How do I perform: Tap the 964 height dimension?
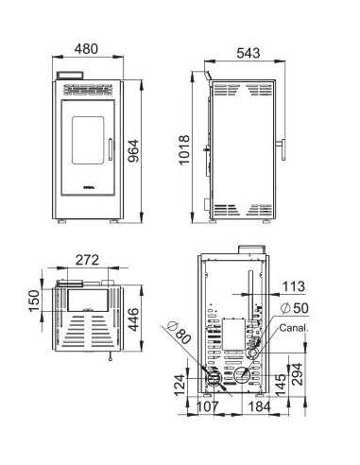coord(134,150)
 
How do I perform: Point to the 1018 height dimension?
coord(185,148)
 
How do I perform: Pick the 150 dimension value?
coord(34,301)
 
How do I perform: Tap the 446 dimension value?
coord(134,319)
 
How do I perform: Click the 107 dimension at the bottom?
coord(210,407)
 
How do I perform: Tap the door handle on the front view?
coord(110,150)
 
